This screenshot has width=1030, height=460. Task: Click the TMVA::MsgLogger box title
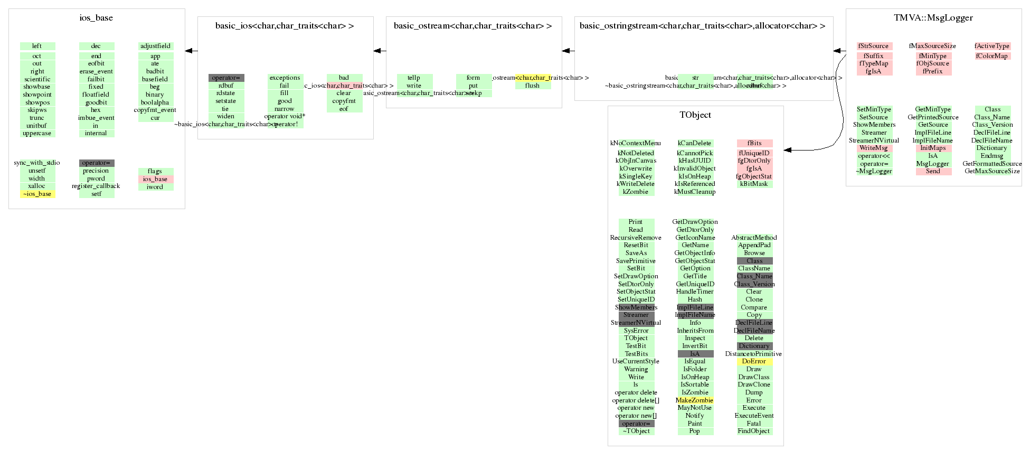click(x=933, y=18)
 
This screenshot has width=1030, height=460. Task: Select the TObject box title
click(x=695, y=115)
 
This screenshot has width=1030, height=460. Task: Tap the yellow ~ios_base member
click(x=37, y=194)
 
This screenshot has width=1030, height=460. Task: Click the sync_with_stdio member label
click(x=37, y=163)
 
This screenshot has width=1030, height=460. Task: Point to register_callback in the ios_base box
click(x=96, y=186)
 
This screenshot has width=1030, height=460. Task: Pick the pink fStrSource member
click(x=874, y=46)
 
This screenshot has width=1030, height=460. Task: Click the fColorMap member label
click(x=992, y=56)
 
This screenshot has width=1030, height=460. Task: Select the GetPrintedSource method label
click(x=933, y=117)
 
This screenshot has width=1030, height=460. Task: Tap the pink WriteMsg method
click(x=874, y=148)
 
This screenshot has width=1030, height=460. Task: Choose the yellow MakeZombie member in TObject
click(x=695, y=400)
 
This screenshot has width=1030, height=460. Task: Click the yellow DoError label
click(x=754, y=361)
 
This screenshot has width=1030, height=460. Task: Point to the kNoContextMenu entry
click(x=636, y=143)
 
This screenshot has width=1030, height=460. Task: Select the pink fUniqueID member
click(x=754, y=153)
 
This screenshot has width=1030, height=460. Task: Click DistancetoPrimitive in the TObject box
click(x=753, y=354)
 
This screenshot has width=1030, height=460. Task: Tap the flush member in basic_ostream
click(x=532, y=86)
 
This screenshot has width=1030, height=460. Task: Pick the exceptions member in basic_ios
click(x=285, y=78)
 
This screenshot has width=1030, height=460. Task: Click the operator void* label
click(x=285, y=116)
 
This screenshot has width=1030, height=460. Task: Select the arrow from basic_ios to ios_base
click(x=191, y=51)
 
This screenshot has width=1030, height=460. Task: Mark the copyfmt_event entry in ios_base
click(x=155, y=110)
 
